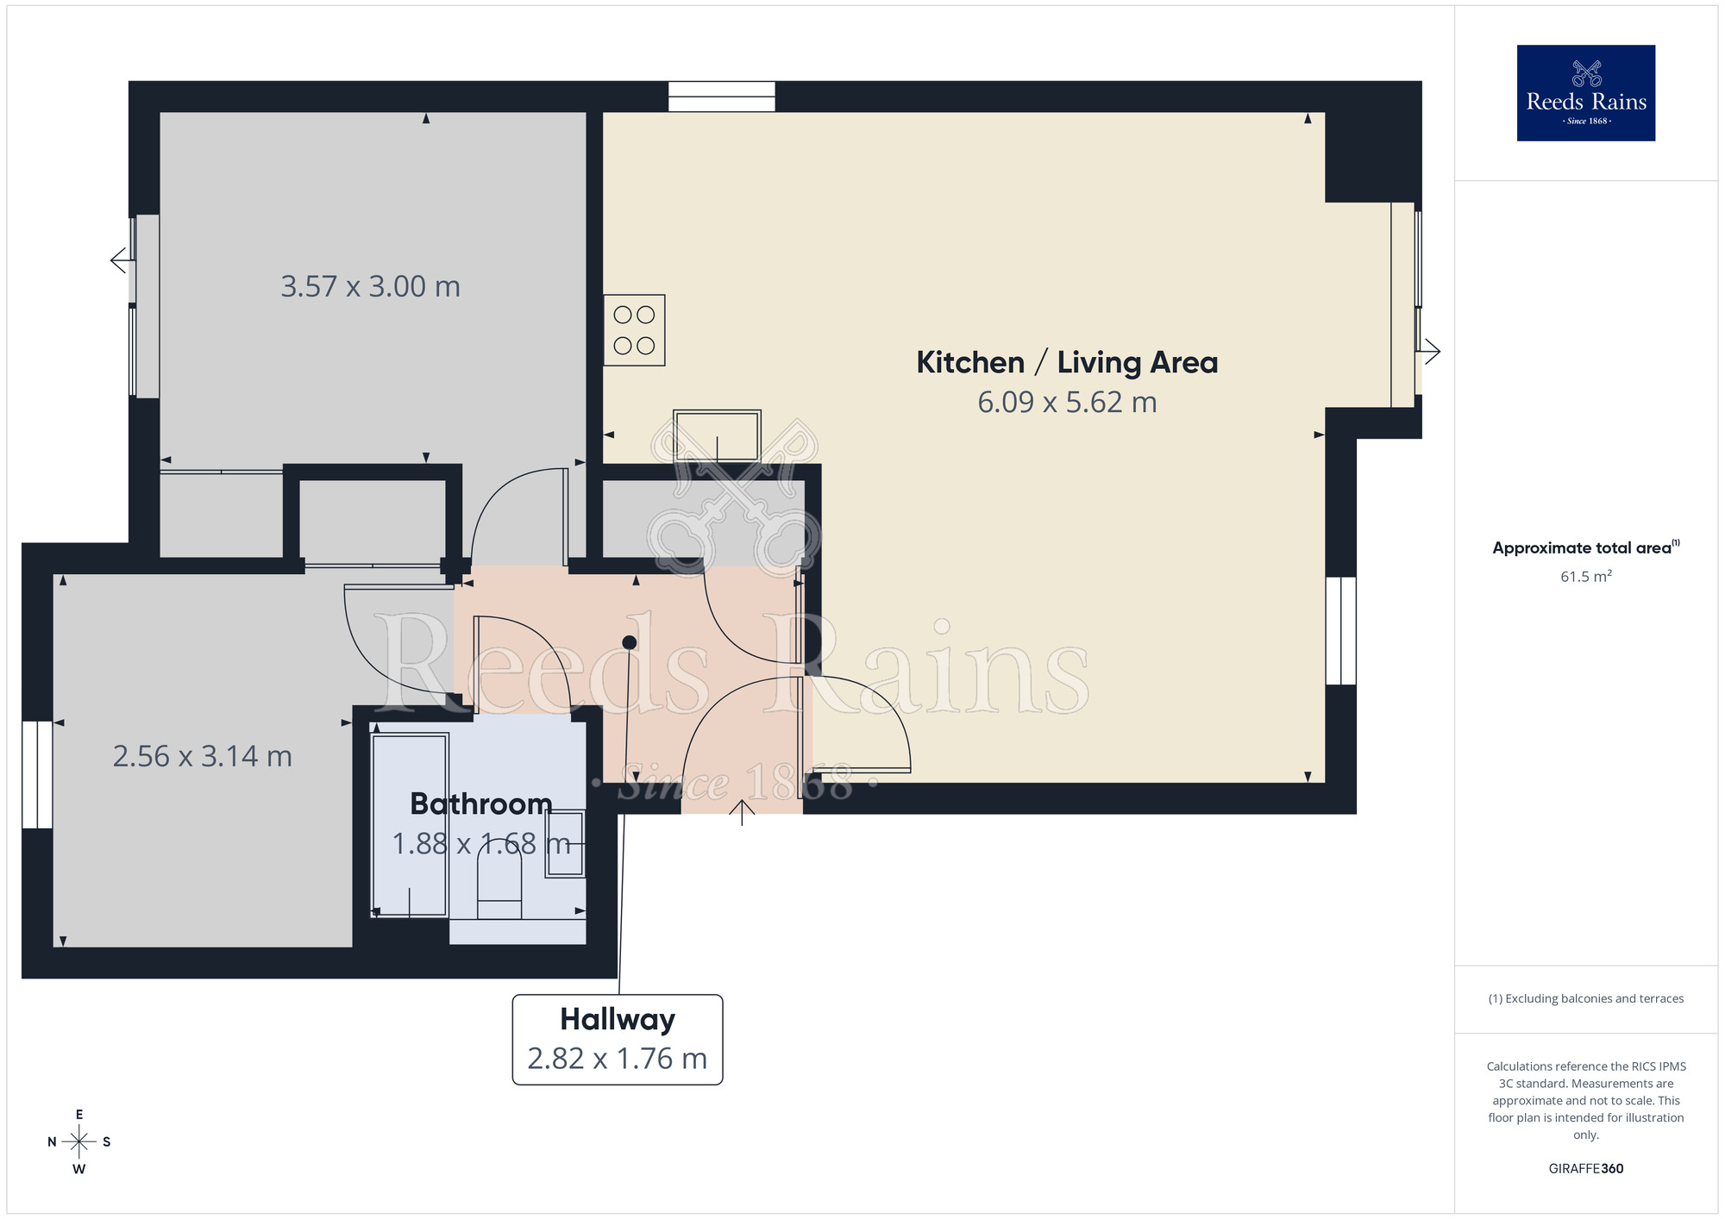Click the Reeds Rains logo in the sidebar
[x=1585, y=93]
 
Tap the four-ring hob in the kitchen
[x=634, y=330]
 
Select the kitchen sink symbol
[x=717, y=435]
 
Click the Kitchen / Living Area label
[x=1067, y=362]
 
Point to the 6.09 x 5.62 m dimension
[x=1067, y=403]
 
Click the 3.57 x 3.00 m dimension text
[x=370, y=286]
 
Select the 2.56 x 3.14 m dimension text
[x=202, y=756]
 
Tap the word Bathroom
[x=480, y=803]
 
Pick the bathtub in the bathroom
[x=410, y=824]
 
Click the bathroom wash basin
[x=565, y=844]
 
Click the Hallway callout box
[x=618, y=1040]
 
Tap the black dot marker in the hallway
[x=629, y=642]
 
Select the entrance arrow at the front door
[x=742, y=811]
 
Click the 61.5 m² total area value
[x=1585, y=576]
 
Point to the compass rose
[x=78, y=1142]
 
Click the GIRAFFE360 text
[x=1585, y=1169]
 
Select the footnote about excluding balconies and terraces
[x=1585, y=998]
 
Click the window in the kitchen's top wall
[x=722, y=97]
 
